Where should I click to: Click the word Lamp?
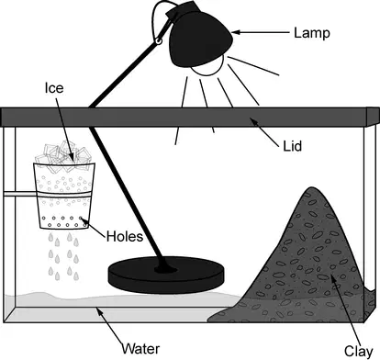click(x=312, y=33)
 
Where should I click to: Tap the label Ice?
click(x=54, y=88)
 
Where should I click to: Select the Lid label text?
click(x=293, y=146)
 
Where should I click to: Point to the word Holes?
click(x=125, y=237)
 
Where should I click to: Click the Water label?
click(x=140, y=349)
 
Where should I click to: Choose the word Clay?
click(x=359, y=351)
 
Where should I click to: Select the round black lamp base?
click(x=166, y=275)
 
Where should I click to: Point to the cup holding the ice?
click(x=64, y=196)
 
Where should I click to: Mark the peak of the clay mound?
click(x=311, y=187)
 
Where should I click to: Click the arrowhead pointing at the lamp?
click(x=235, y=32)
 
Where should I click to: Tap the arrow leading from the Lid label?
click(x=265, y=131)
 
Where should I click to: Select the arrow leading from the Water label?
click(x=109, y=325)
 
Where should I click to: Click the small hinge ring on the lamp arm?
click(x=159, y=40)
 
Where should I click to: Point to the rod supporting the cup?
click(x=20, y=194)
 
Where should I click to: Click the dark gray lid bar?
click(x=190, y=117)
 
